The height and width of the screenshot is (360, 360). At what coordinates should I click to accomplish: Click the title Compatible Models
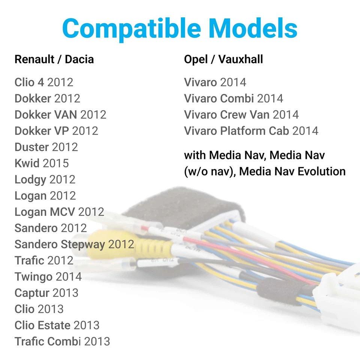coord(180,28)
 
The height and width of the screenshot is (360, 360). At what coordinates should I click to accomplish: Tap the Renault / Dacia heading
coord(54,59)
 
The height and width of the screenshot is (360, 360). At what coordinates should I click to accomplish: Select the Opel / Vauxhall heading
coord(223,59)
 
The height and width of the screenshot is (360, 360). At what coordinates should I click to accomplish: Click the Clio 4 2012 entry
coord(44,82)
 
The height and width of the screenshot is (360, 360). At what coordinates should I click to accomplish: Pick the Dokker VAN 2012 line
coord(60,115)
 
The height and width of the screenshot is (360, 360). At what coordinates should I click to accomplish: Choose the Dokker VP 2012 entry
coord(56,131)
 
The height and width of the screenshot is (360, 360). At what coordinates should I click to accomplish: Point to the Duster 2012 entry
coord(46,147)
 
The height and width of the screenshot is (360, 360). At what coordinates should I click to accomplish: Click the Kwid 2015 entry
coord(42,163)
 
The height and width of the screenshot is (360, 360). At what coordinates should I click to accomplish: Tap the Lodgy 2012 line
coord(45,179)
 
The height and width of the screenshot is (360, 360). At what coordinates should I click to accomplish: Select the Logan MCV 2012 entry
coord(59,212)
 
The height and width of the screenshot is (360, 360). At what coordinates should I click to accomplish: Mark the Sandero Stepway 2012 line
coord(74,244)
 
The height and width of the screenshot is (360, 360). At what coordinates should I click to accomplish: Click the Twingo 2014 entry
coord(48,277)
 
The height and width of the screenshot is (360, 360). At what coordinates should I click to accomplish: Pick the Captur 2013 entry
coord(46,293)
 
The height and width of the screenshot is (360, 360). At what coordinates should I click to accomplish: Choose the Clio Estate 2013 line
coord(57,325)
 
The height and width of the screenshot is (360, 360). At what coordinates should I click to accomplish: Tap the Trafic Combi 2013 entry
coord(62,342)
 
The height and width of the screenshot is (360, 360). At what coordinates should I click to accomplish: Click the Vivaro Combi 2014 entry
coord(234,99)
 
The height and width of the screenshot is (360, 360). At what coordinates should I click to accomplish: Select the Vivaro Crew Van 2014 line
coord(241,115)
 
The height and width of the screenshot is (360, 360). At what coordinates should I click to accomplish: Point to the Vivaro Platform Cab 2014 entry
coord(251,131)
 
